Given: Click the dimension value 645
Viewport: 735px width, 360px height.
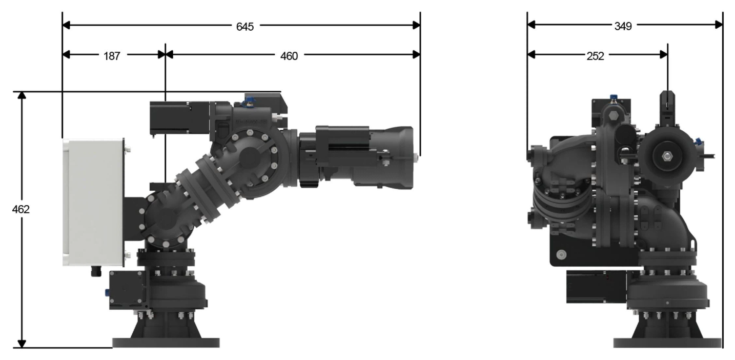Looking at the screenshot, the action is coord(245,27).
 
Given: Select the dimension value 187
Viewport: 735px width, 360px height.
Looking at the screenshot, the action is coord(112,56).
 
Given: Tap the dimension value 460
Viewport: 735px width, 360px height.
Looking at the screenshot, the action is coord(289,56).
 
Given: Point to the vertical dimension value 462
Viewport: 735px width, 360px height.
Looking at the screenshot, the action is coord(21,209).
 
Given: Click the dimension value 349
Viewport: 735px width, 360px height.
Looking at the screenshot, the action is coord(623,26).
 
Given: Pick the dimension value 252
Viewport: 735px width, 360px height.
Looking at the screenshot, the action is coord(595,56).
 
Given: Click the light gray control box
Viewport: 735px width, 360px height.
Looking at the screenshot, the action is coord(93,202).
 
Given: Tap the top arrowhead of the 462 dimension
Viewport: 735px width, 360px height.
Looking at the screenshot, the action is coord(22,95).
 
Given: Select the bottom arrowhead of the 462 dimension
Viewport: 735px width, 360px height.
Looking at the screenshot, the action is coord(22,344).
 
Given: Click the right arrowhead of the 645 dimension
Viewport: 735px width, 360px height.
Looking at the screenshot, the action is coord(416,25).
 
